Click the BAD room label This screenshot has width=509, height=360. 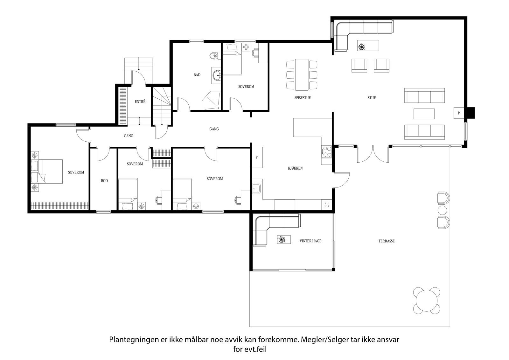[197, 75]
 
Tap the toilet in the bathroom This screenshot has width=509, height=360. [215, 56]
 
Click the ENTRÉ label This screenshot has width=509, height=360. [140, 102]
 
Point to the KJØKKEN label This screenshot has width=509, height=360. [295, 168]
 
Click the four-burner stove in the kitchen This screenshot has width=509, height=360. [326, 152]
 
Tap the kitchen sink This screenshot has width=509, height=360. [256, 188]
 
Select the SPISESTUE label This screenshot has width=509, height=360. [303, 98]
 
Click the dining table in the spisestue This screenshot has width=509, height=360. [302, 75]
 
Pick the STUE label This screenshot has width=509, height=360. [372, 98]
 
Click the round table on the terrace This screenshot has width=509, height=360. [427, 300]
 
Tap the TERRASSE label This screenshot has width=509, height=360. [387, 241]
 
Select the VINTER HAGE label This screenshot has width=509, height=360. [310, 241]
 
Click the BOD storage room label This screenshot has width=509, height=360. [105, 181]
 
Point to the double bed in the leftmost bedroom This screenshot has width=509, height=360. [47, 171]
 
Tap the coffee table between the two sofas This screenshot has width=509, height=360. [424, 114]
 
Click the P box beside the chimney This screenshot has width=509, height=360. [459, 113]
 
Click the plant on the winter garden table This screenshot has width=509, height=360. [282, 239]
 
